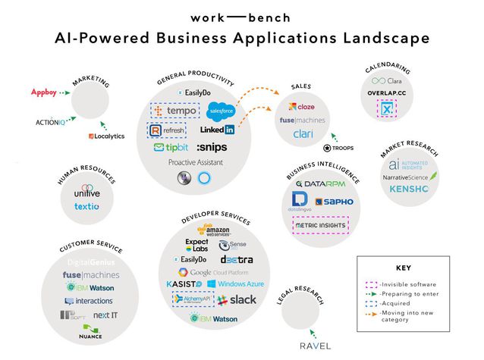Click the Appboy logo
[43, 93]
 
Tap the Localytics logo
[105, 136]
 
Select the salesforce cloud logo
[221, 112]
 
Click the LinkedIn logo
[217, 130]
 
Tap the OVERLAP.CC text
[391, 94]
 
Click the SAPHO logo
[335, 202]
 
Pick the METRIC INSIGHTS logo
[320, 226]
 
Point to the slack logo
[237, 300]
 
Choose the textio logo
[87, 206]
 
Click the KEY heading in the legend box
[403, 268]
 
